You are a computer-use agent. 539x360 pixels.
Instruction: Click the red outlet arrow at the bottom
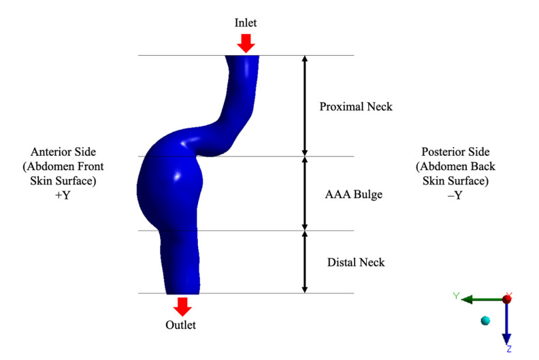click(181, 306)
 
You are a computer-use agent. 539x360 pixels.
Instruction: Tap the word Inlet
click(246, 23)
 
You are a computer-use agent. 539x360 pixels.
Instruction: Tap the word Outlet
click(181, 325)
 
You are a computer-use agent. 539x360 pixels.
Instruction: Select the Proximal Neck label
click(356, 107)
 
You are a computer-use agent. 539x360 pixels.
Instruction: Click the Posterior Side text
click(455, 152)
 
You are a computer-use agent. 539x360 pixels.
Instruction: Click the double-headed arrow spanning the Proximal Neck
click(304, 105)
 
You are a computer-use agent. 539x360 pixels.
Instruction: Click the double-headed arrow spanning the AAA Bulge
click(304, 193)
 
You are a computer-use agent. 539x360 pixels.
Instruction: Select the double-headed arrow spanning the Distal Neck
click(304, 262)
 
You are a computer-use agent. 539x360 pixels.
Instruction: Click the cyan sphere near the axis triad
click(485, 321)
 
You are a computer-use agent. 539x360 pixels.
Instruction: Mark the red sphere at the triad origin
click(507, 299)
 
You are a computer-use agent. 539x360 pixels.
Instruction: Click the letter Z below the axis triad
click(508, 348)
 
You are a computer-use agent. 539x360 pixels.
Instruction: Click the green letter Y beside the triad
click(457, 295)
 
